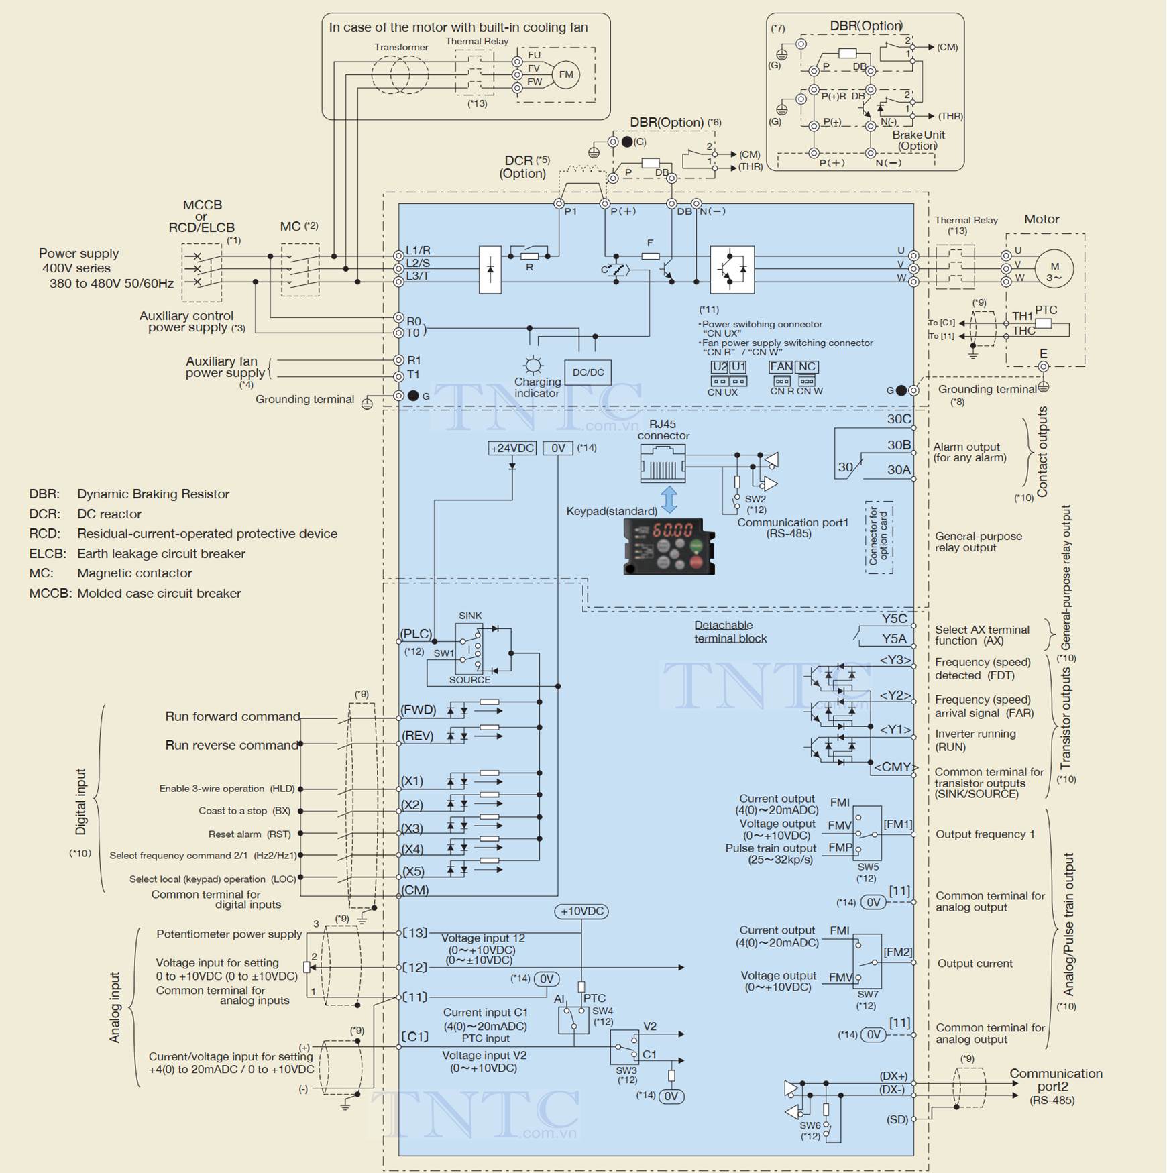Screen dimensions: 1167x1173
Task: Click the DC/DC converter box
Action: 588,372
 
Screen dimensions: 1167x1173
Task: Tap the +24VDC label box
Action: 512,448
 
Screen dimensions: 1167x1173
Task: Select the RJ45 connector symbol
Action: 663,463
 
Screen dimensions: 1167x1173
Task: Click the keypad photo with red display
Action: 669,546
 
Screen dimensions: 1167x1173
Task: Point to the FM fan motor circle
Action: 566,74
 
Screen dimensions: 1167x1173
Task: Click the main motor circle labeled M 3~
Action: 1054,268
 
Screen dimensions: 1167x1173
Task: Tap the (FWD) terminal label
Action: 418,710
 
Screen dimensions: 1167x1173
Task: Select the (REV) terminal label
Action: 417,736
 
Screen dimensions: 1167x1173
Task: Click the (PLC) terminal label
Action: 416,634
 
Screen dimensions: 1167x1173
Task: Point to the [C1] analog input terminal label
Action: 415,1036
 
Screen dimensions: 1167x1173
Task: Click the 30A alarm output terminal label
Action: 899,470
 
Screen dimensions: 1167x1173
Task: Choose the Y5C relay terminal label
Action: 894,618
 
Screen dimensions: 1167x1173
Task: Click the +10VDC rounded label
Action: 581,911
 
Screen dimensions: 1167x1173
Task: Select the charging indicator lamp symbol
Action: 533,365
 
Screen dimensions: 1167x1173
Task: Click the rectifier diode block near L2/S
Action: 490,270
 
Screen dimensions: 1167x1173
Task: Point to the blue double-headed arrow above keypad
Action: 669,500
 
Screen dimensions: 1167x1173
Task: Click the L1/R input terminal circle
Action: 398,256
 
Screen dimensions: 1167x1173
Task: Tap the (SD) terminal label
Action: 897,1119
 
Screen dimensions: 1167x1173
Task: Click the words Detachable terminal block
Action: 730,632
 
